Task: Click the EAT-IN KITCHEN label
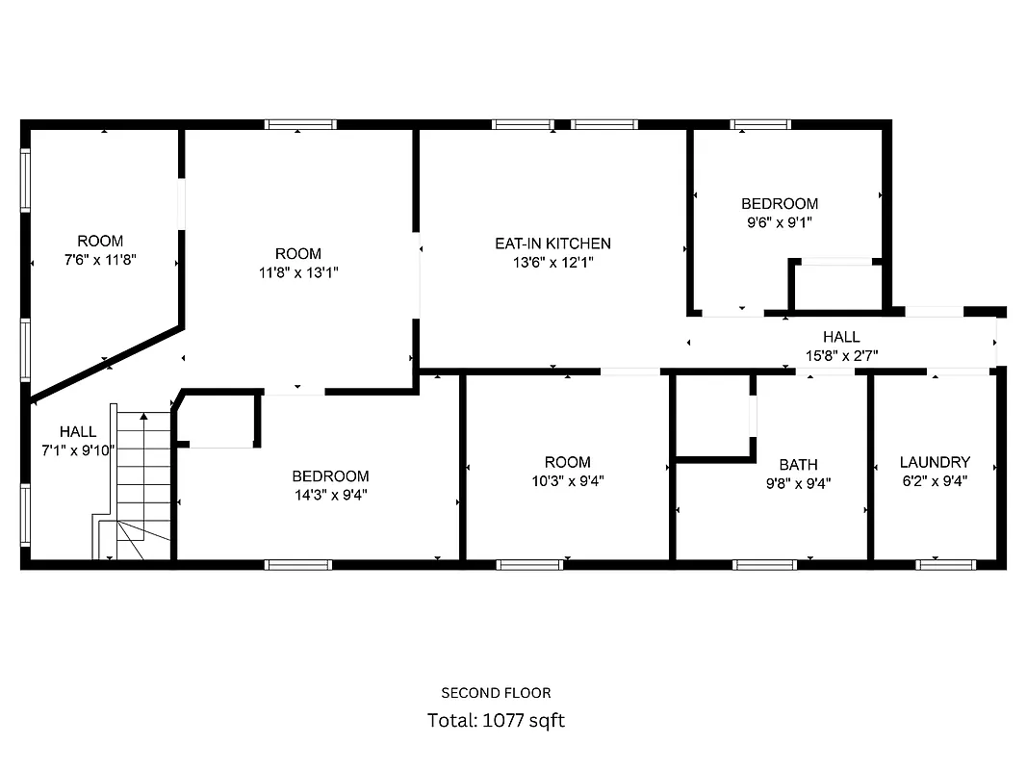tap(552, 244)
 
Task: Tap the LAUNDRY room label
tap(934, 462)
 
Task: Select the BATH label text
tap(798, 464)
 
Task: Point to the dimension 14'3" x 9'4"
tap(330, 495)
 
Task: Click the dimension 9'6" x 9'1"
tap(779, 221)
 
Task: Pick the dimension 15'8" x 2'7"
tap(840, 355)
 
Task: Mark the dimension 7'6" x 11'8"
tap(100, 259)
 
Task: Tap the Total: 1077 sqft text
tap(496, 720)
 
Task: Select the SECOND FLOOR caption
tap(496, 692)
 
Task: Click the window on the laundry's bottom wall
tap(933, 564)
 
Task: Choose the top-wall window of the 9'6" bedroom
tap(759, 124)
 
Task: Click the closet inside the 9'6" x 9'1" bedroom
tap(835, 287)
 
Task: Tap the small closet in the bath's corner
tap(713, 416)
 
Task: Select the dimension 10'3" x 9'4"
tap(567, 480)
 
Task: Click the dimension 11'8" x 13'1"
tap(297, 271)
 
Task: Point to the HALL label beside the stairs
tap(78, 431)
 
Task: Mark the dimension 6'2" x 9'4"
tap(934, 480)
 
